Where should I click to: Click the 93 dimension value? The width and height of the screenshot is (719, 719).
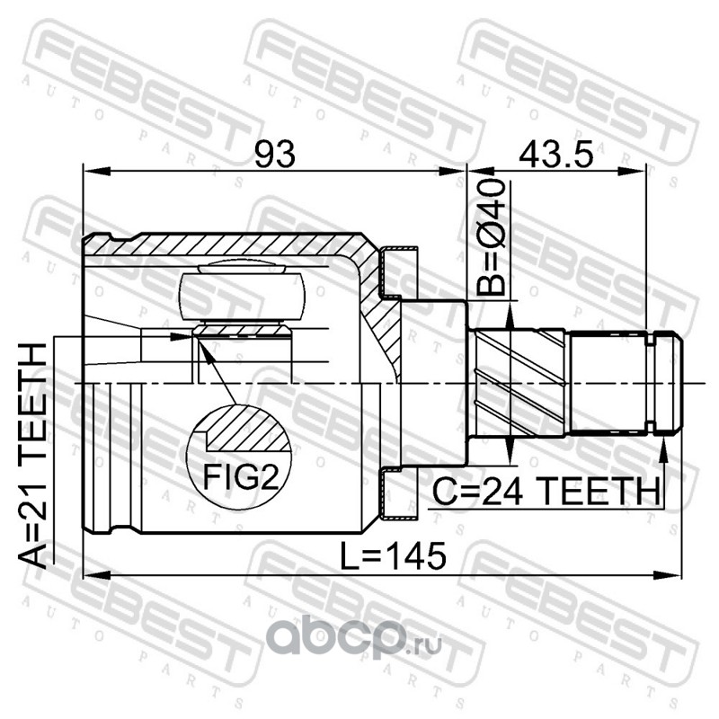[275, 154]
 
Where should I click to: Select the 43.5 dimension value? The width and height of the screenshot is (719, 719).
[555, 154]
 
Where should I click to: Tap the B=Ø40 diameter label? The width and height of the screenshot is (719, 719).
[491, 237]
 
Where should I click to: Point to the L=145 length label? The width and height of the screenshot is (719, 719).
[393, 555]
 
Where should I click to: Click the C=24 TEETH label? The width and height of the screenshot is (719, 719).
[546, 491]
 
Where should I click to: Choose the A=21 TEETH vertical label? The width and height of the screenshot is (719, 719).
[32, 456]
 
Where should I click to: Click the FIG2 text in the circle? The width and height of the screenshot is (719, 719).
[241, 477]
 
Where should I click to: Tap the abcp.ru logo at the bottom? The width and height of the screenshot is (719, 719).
[354, 637]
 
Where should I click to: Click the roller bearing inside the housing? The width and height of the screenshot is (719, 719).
[243, 297]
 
